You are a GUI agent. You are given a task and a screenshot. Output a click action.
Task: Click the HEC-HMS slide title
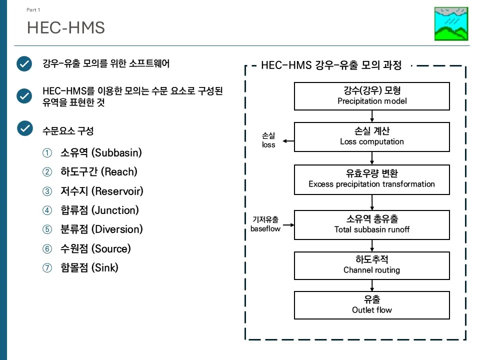[x=65, y=27]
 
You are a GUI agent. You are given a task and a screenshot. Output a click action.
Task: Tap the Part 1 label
[x=33, y=10]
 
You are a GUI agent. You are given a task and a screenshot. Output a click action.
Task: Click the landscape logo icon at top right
[x=451, y=23]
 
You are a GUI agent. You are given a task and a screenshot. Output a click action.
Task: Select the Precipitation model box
[x=371, y=96]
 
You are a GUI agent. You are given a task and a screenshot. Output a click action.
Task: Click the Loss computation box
[x=371, y=136]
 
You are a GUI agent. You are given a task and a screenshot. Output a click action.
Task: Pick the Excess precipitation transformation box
[x=371, y=179]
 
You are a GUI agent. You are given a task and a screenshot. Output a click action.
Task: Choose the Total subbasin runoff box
[x=371, y=224]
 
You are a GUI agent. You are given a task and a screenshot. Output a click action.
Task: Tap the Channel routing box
[x=371, y=265]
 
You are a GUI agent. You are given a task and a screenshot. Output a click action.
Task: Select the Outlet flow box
[x=371, y=305]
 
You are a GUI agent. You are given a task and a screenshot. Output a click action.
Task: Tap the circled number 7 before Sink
[x=47, y=268]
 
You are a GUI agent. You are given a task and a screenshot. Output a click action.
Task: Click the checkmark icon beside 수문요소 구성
[x=24, y=128]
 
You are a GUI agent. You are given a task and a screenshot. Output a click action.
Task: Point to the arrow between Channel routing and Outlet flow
[x=372, y=285]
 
